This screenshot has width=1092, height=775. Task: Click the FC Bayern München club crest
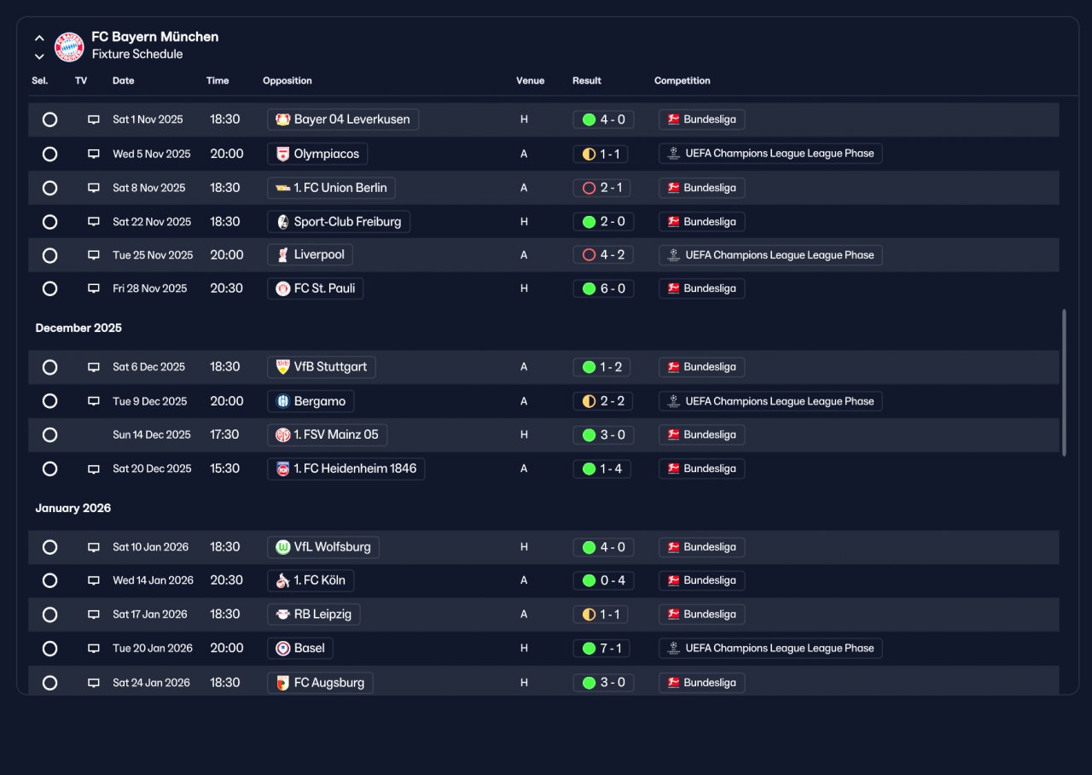point(69,47)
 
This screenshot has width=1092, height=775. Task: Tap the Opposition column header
point(288,80)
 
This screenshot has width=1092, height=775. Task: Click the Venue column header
point(530,80)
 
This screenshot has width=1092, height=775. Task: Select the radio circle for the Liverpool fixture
point(49,255)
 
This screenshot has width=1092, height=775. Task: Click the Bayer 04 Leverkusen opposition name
point(351,119)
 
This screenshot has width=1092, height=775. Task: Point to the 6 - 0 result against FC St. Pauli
point(613,288)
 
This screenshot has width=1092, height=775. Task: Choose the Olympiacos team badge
point(282,154)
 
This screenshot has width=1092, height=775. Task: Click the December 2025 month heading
point(78,328)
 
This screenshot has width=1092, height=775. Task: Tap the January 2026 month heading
point(73,508)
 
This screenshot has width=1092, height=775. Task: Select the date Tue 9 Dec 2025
point(149,401)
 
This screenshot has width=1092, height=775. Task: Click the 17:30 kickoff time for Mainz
point(224,434)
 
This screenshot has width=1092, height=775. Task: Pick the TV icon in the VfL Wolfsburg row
point(94,547)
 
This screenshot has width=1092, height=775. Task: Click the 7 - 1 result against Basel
point(611,648)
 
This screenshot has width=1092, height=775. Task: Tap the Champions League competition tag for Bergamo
point(770,401)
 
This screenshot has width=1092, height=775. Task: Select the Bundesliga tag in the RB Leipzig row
point(701,615)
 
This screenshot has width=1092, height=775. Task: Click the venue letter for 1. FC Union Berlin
point(524,188)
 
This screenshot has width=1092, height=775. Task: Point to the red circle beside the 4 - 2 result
point(589,255)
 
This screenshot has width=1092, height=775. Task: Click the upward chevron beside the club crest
point(39,38)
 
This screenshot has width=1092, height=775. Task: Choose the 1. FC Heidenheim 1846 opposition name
point(355,469)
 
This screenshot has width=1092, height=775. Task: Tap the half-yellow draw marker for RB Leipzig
point(589,615)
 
